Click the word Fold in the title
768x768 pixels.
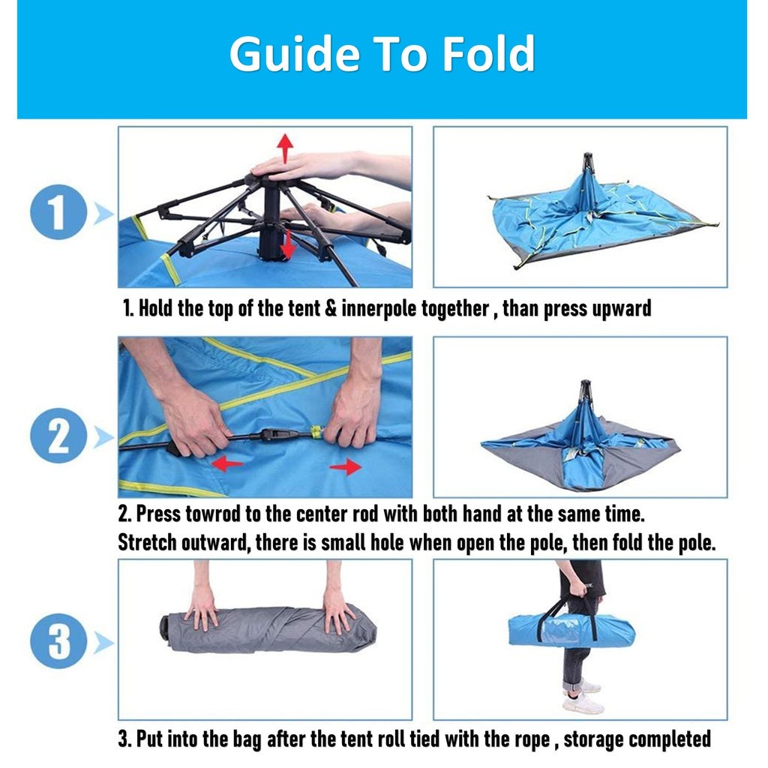[x=488, y=53]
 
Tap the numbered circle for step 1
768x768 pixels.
[x=58, y=212]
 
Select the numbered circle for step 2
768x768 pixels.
[x=58, y=436]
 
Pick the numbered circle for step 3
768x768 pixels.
[x=58, y=641]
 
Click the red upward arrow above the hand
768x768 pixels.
[x=285, y=148]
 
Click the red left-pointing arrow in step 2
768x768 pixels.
[x=227, y=463]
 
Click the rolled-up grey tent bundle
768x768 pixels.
[x=268, y=629]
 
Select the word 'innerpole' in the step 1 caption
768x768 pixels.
[x=379, y=308]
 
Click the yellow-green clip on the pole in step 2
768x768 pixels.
[x=317, y=432]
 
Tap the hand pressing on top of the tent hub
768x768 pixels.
[x=304, y=166]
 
